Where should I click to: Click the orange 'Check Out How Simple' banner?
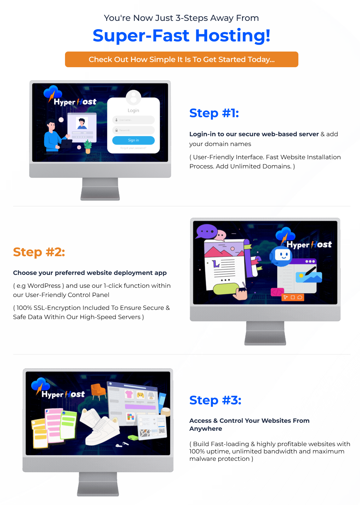click(182, 60)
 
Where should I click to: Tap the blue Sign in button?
click(133, 140)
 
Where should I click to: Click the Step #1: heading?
click(214, 113)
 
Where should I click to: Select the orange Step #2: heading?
click(39, 252)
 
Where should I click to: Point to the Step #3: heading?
click(215, 400)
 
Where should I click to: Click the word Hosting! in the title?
click(232, 36)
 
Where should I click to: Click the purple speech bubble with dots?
click(206, 231)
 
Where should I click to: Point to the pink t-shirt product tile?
click(129, 394)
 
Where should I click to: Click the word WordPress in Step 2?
click(44, 286)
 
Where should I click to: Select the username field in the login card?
click(133, 120)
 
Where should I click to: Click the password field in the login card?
click(133, 130)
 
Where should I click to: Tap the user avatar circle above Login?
click(133, 97)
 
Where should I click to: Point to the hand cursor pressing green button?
click(240, 293)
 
